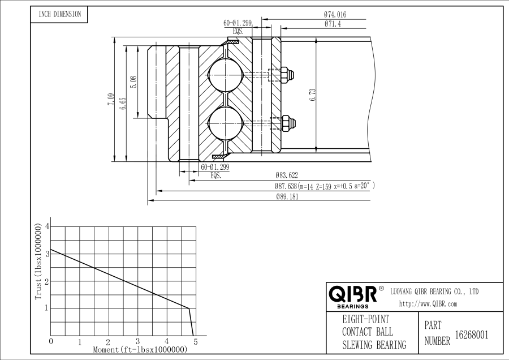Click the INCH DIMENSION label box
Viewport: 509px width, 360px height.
[59, 14]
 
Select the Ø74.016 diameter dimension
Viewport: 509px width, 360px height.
[335, 14]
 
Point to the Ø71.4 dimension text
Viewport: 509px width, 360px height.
[333, 24]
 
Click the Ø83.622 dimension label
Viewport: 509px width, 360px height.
[286, 175]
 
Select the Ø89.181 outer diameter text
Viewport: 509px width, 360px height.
[287, 197]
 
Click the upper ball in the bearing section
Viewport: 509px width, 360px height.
[225, 75]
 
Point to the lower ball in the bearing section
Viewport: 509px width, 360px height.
[225, 123]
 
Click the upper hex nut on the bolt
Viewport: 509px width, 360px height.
[287, 74]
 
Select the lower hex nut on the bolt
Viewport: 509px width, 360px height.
[287, 122]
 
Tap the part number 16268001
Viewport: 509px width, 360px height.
[472, 335]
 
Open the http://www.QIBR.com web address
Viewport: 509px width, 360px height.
[428, 303]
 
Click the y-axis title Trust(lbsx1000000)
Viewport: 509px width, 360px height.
[38, 261]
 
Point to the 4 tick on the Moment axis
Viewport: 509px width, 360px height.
[167, 341]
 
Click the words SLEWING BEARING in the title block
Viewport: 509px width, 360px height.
[374, 345]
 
